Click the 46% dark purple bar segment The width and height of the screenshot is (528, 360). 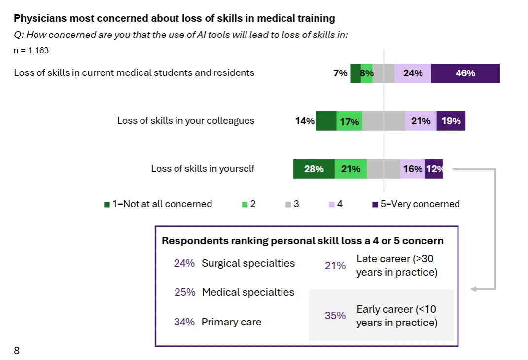pyautogui.click(x=465, y=73)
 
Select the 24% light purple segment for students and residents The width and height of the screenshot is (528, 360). pyautogui.click(x=413, y=73)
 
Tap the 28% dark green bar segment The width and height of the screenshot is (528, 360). pyautogui.click(x=314, y=169)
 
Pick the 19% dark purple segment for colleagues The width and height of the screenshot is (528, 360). pyautogui.click(x=451, y=121)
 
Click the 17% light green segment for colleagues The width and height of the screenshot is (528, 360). pyautogui.click(x=350, y=121)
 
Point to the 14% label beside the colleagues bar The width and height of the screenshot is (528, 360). pyautogui.click(x=305, y=121)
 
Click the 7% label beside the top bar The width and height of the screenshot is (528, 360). pyautogui.click(x=340, y=73)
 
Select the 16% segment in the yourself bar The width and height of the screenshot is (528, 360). pyautogui.click(x=412, y=169)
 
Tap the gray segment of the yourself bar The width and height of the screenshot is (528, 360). pyautogui.click(x=383, y=169)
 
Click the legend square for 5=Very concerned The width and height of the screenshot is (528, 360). pyautogui.click(x=375, y=205)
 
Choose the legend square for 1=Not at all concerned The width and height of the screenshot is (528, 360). pyautogui.click(x=107, y=205)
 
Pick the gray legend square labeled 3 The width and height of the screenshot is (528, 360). pyautogui.click(x=288, y=205)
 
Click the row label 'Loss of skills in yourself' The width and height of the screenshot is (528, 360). pyautogui.click(x=203, y=169)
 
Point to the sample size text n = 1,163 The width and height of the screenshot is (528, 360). pyautogui.click(x=31, y=50)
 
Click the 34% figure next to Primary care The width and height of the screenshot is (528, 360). pyautogui.click(x=184, y=322)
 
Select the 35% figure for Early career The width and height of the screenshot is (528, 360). pyautogui.click(x=335, y=316)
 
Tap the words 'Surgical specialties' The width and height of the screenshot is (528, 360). pyautogui.click(x=248, y=263)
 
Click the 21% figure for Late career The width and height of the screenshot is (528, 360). pyautogui.click(x=335, y=266)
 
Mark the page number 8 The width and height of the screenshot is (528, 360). pyautogui.click(x=17, y=351)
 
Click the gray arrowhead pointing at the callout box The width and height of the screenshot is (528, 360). pyautogui.click(x=473, y=289)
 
